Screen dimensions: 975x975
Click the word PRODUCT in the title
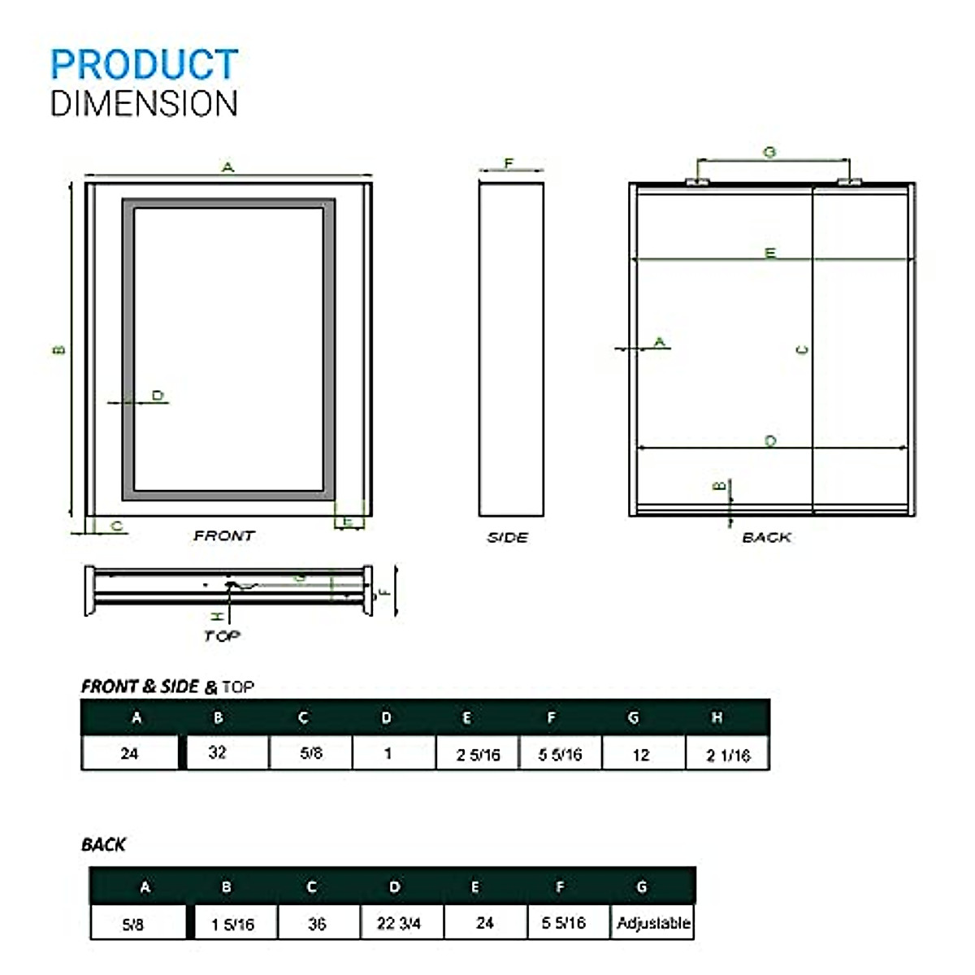point(144,65)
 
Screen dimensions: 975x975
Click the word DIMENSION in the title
point(144,104)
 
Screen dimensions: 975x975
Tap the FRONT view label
point(223,535)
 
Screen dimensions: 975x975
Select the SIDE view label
point(508,537)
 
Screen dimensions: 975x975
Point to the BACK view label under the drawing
point(766,537)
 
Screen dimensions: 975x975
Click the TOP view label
point(222,635)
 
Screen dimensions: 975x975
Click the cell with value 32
point(218,753)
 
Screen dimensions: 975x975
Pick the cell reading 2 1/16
point(728,755)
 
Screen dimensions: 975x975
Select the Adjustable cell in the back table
point(653,923)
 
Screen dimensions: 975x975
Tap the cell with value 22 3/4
point(399,924)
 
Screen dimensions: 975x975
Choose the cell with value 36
point(318,924)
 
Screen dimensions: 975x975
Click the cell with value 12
point(641,755)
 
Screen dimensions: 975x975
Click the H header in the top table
point(717,717)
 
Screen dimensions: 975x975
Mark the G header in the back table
point(642,886)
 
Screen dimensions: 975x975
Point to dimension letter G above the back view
point(769,152)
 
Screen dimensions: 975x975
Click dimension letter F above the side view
point(509,163)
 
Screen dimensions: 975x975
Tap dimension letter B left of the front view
point(58,350)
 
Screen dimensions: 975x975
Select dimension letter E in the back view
point(770,253)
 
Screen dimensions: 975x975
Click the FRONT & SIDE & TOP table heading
point(167,687)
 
